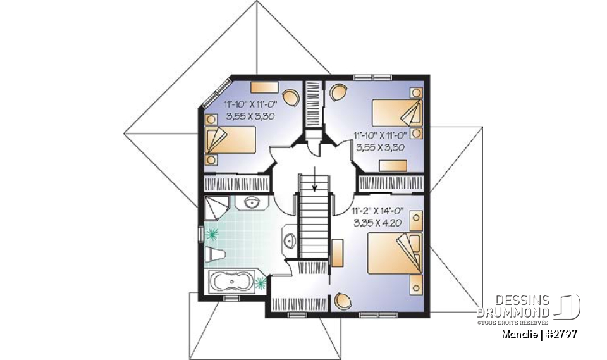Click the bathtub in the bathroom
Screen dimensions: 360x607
(x=231, y=281)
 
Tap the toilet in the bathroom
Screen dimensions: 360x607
(x=216, y=254)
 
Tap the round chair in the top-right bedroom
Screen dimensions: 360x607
(x=338, y=92)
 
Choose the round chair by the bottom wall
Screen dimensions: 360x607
(x=344, y=300)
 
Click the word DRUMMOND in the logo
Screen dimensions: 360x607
(x=513, y=312)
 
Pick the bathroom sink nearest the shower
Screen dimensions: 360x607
(x=251, y=203)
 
